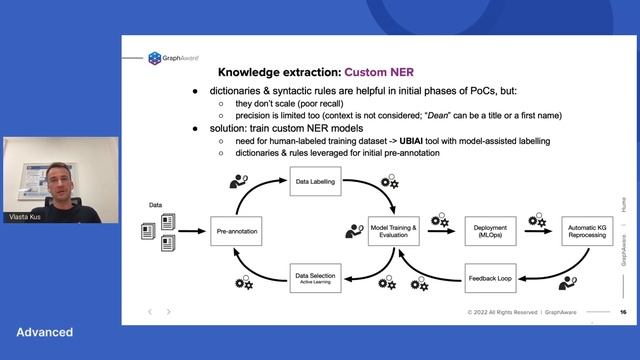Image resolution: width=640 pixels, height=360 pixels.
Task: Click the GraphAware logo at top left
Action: pyautogui.click(x=170, y=58)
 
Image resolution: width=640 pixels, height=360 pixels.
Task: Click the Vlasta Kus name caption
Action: pyautogui.click(x=27, y=214)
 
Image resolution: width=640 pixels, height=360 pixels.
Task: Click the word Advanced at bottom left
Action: pyautogui.click(x=44, y=332)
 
